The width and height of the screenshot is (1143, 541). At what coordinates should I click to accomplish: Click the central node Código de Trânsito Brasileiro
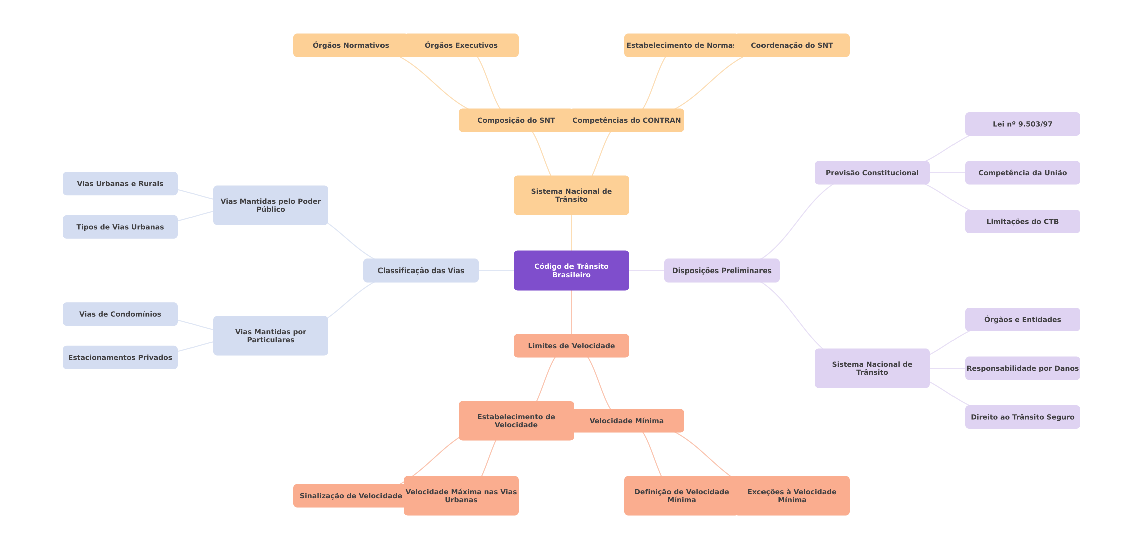tap(571, 270)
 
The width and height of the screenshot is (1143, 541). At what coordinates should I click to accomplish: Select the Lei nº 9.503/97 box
tap(1022, 124)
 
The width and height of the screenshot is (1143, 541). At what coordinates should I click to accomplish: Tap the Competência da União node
tap(1022, 173)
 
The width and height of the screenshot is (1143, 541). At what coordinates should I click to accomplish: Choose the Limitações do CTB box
tap(1022, 221)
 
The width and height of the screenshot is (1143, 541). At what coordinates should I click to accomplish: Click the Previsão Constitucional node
tap(872, 173)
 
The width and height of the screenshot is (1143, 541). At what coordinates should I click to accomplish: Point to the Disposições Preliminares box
tap(721, 270)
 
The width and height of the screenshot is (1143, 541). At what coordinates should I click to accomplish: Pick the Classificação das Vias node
tap(421, 270)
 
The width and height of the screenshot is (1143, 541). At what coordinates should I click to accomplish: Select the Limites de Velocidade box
tap(571, 346)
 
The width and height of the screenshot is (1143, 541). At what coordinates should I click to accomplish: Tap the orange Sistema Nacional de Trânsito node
tap(571, 195)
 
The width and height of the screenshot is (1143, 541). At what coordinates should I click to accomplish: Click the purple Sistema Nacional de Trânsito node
tap(872, 368)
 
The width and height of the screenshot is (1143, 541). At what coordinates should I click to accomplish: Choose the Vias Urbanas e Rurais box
tap(120, 184)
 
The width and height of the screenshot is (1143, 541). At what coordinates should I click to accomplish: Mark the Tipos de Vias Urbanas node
tap(120, 227)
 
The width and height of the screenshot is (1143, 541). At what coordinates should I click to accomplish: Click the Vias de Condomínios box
tap(120, 314)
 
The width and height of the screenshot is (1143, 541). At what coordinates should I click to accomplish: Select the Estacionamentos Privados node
tap(120, 357)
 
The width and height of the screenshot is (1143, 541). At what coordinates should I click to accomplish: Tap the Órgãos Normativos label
tap(350, 45)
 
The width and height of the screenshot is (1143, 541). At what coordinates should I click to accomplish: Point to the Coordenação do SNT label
tap(792, 45)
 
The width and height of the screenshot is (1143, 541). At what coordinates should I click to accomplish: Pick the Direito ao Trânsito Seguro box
tap(1022, 417)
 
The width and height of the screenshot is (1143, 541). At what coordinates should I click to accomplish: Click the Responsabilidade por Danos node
tap(1022, 368)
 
